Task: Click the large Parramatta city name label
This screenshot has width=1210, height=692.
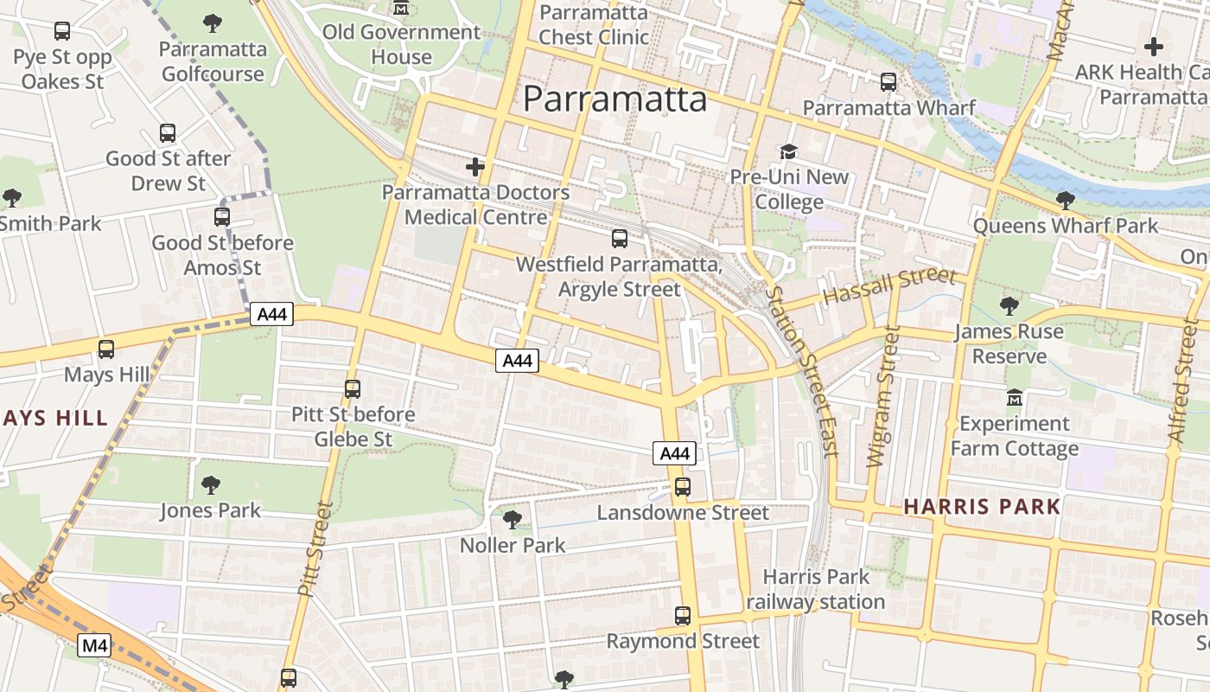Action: (615, 99)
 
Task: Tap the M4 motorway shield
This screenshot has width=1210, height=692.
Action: (94, 645)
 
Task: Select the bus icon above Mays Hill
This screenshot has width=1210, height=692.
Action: (106, 349)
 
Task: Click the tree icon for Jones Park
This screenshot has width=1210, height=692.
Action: (210, 485)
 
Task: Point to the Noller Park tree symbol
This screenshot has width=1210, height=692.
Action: (512, 520)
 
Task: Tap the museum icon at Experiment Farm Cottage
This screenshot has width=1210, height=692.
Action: (1015, 399)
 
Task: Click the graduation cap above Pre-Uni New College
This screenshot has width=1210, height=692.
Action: (788, 152)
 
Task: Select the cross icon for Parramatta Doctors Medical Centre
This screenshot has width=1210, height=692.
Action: (474, 167)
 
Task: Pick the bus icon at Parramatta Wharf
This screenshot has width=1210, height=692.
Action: (888, 82)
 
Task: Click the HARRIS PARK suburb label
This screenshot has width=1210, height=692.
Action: (982, 507)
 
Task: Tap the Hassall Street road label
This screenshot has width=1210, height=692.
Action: (889, 286)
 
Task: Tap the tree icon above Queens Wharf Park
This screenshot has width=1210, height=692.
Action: (1065, 201)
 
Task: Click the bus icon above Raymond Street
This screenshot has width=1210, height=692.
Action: (683, 616)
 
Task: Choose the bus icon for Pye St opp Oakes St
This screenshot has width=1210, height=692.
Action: (62, 31)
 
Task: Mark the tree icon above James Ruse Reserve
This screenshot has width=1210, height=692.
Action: (1009, 305)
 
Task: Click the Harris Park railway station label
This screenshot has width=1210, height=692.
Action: (816, 589)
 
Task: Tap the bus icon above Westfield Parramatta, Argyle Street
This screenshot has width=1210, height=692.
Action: (620, 239)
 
